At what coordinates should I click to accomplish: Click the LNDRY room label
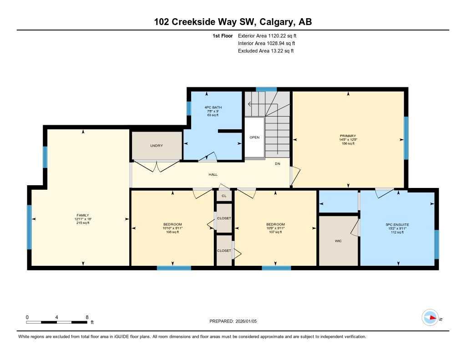point(157,146)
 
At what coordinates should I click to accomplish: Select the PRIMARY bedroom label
point(348,136)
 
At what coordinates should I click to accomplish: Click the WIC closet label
point(338,241)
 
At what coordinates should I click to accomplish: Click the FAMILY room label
point(83,215)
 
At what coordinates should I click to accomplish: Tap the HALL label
point(213,174)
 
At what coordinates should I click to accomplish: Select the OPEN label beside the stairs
point(254,137)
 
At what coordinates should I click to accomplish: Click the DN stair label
point(277,163)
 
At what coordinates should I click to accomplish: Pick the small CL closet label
point(223,196)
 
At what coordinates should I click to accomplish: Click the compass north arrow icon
point(430,318)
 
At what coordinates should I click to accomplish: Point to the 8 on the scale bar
point(86,317)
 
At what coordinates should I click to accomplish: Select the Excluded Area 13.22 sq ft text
point(266,51)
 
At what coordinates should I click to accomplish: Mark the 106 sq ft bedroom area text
point(172,232)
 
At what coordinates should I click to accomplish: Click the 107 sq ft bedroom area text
point(275,232)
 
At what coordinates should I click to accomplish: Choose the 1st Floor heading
point(223,35)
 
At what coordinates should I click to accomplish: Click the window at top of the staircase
point(266,89)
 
